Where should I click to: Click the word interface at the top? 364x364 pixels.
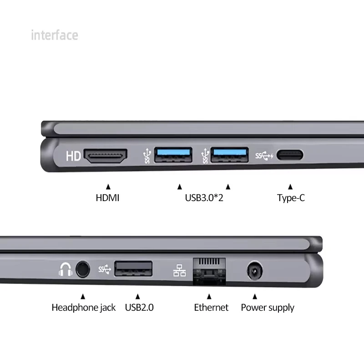[x=55, y=35]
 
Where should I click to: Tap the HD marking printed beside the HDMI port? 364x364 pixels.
[x=73, y=156]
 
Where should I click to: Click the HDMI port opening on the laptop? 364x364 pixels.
[x=107, y=156]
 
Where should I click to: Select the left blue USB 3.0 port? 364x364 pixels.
[x=172, y=155]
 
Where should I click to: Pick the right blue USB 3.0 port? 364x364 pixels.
[x=230, y=155]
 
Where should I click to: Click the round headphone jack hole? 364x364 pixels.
[x=82, y=270]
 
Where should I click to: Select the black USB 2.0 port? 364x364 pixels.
[x=133, y=269]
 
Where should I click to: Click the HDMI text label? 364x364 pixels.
[x=107, y=198]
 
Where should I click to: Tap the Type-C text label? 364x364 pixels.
[x=291, y=198]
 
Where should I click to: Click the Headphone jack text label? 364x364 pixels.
[x=83, y=308]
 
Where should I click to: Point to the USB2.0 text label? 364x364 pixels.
[x=139, y=308]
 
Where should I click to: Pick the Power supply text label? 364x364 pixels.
[x=268, y=308]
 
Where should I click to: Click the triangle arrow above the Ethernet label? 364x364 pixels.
[x=209, y=296]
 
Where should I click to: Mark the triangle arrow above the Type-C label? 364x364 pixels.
[x=290, y=187]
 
